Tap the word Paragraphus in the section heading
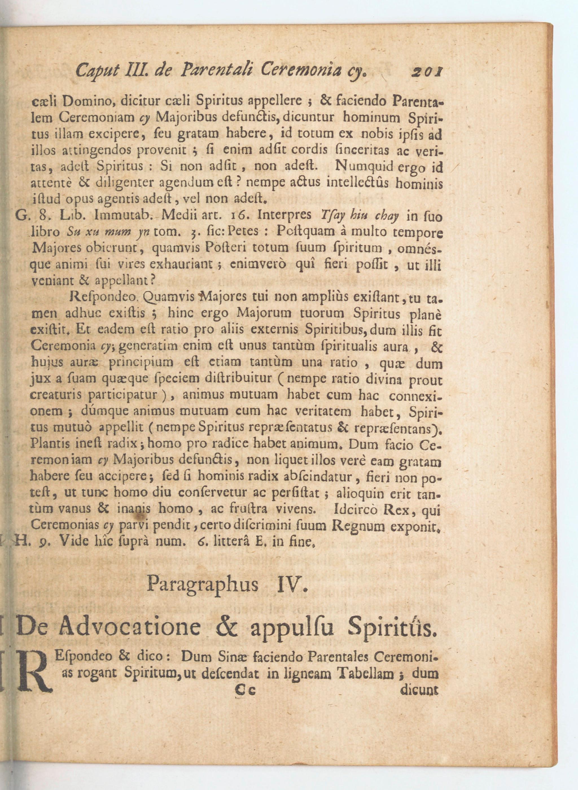click(x=203, y=584)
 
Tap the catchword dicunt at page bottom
click(x=419, y=689)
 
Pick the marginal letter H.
click(x=21, y=541)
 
